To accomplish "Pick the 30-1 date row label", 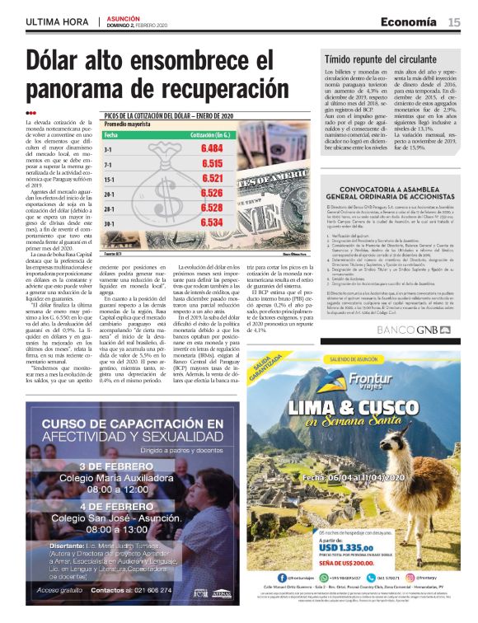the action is pyautogui.click(x=108, y=222).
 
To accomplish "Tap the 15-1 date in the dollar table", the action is pyautogui.click(x=108, y=178).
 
